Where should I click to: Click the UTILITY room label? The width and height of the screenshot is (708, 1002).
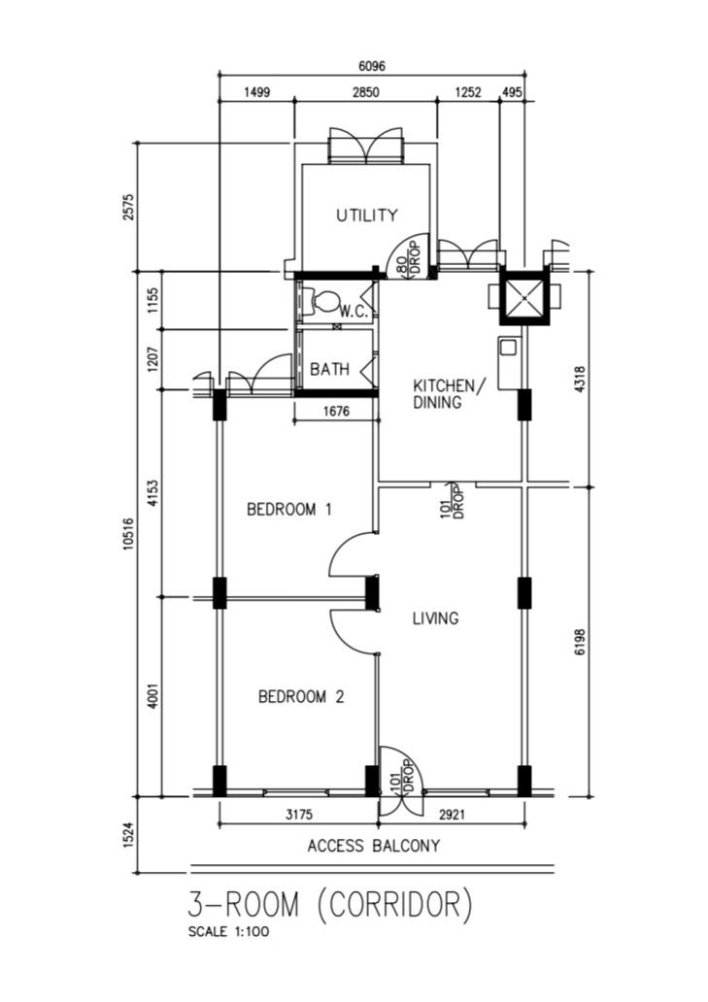366,215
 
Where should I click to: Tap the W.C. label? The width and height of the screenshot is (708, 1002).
351,312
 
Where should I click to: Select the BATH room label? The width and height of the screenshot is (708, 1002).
329,369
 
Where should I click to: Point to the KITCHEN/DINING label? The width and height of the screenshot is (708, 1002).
445,393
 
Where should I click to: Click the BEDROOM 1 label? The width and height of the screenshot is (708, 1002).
288,509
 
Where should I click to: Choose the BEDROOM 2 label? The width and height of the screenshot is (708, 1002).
301,696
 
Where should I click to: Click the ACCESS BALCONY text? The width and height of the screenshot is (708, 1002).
373,846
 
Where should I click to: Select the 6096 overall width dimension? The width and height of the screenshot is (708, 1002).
372,67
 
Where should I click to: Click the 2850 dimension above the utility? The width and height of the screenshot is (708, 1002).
364,93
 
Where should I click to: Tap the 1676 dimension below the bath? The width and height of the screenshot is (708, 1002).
335,413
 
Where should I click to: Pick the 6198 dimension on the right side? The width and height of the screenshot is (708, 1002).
580,641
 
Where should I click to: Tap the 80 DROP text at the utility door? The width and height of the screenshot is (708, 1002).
408,257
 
